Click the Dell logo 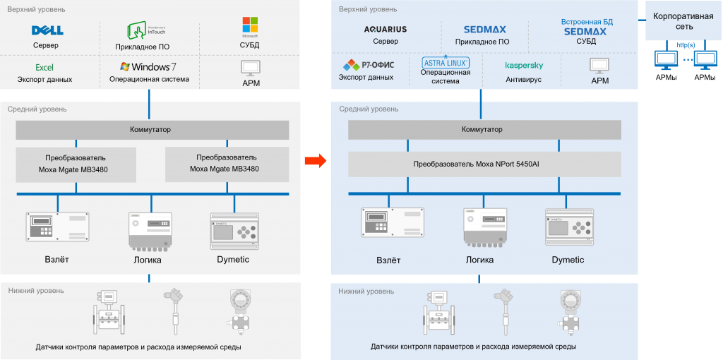coord(47,30)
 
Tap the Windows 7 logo coord(148,66)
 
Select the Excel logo coord(44,68)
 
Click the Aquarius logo coord(386,30)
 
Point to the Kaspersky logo coord(524,66)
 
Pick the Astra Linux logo coord(446,61)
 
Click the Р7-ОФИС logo coord(369,65)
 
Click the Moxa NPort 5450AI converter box coord(485,164)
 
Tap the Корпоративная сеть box coord(683,21)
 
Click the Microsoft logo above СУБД coord(250,26)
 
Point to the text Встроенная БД coord(587,22)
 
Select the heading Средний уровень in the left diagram coord(37,109)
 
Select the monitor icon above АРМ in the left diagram coord(250,67)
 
